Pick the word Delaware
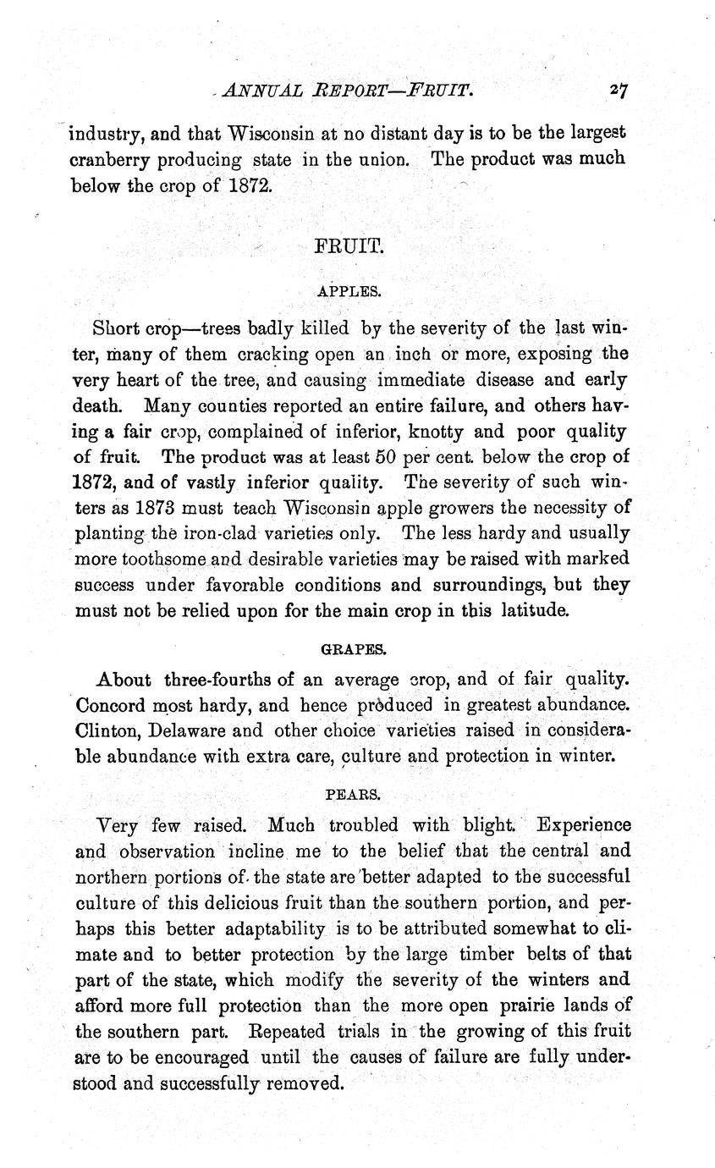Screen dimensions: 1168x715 (191, 730)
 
